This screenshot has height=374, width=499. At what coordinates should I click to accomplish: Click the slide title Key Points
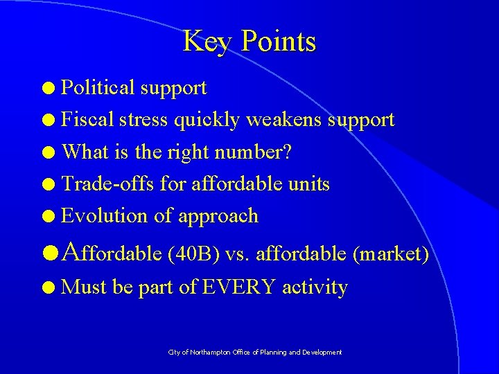[x=249, y=42]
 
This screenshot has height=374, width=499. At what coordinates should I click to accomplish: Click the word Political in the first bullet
[x=98, y=88]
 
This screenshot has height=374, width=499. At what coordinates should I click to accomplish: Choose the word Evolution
[x=105, y=215]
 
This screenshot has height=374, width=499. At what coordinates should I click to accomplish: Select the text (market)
[x=391, y=254]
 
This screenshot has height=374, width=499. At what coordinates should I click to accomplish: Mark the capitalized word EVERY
[x=238, y=286]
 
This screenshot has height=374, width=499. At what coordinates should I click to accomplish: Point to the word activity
[x=315, y=287]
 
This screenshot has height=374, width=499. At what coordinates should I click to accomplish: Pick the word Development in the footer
[x=321, y=353]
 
